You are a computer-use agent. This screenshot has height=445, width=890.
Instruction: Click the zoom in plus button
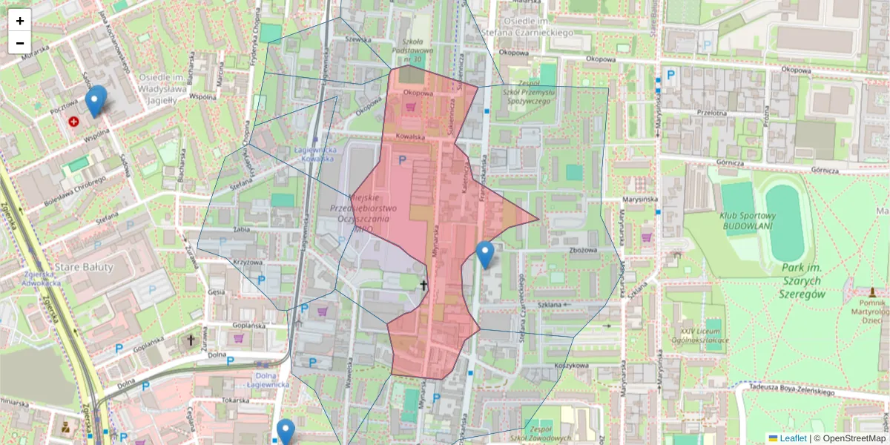click(20, 21)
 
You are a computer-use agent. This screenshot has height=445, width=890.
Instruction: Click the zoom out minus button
click(20, 43)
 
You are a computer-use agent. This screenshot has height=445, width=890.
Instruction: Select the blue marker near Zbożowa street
click(485, 254)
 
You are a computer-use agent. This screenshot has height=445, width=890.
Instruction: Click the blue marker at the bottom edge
click(286, 432)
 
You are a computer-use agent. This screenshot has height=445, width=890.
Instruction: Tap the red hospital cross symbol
click(74, 121)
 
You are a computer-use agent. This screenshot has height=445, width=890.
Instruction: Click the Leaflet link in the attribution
click(793, 438)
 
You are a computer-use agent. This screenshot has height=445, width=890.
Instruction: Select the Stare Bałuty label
click(84, 266)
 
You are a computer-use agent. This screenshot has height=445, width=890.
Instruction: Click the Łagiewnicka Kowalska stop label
click(316, 154)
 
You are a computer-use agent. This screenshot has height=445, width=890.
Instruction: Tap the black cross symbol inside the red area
click(424, 285)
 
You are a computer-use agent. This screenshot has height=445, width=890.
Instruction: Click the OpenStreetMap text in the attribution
click(854, 438)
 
